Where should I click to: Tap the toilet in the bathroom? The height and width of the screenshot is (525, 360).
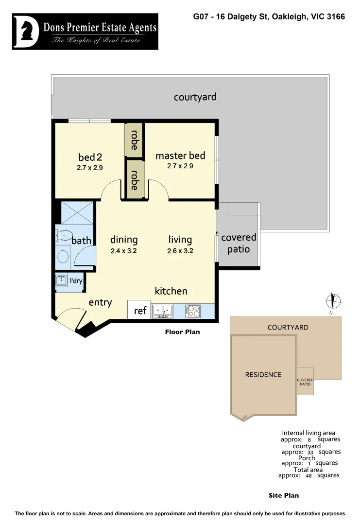(63, 235)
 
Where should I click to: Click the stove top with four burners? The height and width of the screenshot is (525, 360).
(192, 311)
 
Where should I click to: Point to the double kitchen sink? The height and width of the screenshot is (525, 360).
(163, 311)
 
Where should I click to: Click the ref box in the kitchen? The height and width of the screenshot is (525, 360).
(139, 310)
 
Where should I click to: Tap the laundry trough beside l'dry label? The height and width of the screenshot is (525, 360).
(62, 281)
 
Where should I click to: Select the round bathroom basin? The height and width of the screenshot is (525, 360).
(63, 256)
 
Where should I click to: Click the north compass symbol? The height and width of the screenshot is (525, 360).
(334, 301)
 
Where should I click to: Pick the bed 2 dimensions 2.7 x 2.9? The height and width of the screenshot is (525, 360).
(90, 168)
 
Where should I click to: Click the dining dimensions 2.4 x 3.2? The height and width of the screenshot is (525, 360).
(124, 251)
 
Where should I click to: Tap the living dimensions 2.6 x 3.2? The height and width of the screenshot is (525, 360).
(180, 251)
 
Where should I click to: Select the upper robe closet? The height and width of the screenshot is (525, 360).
(134, 140)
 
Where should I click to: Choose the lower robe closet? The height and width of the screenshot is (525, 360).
(135, 179)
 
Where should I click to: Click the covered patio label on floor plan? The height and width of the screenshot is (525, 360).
(239, 243)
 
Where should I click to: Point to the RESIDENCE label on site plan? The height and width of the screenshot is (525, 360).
(263, 374)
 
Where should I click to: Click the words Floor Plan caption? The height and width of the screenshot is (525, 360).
(182, 332)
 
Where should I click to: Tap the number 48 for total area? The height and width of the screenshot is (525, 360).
(309, 476)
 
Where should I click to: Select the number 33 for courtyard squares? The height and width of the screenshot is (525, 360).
(310, 452)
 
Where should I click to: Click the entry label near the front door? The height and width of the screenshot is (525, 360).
(100, 302)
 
